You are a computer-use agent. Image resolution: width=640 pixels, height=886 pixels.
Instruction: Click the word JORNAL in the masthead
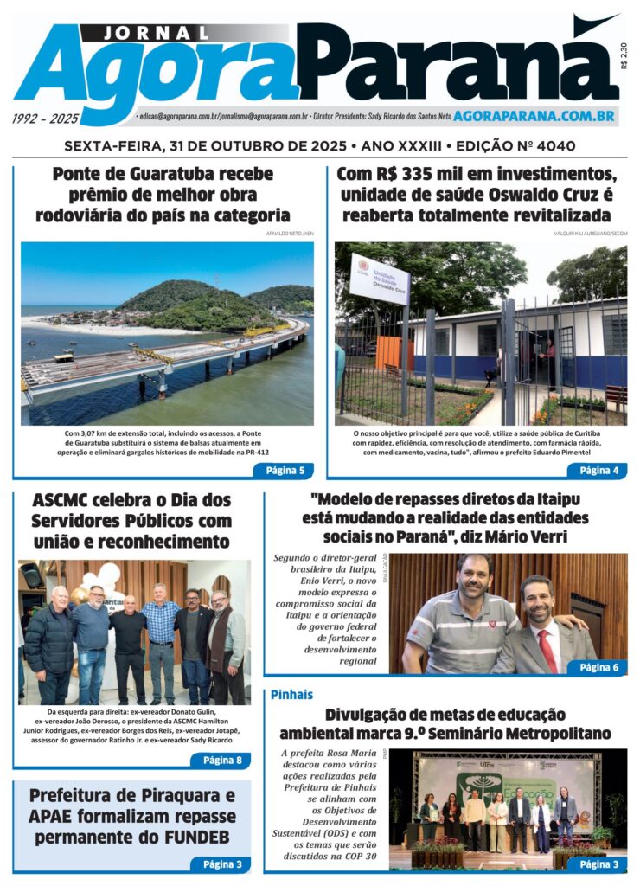[x=157, y=33]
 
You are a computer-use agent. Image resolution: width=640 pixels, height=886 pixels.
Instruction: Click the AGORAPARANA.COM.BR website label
[x=534, y=115]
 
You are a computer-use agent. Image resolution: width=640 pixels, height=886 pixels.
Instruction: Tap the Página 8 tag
[x=221, y=761]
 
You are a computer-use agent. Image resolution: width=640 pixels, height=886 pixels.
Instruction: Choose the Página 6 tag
[x=598, y=667]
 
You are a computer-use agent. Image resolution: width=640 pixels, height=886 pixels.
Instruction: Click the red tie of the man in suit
[x=547, y=651]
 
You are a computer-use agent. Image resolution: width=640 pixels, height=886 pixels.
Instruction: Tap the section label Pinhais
[x=291, y=695]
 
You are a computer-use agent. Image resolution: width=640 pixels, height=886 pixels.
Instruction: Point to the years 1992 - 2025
[x=46, y=119]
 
